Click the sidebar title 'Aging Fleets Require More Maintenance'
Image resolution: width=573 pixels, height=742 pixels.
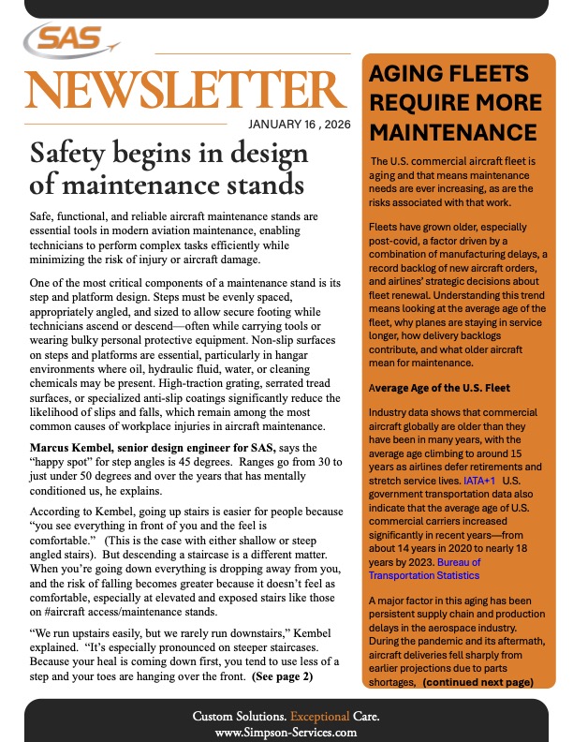point(454,102)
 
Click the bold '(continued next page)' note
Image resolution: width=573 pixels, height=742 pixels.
point(477,682)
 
